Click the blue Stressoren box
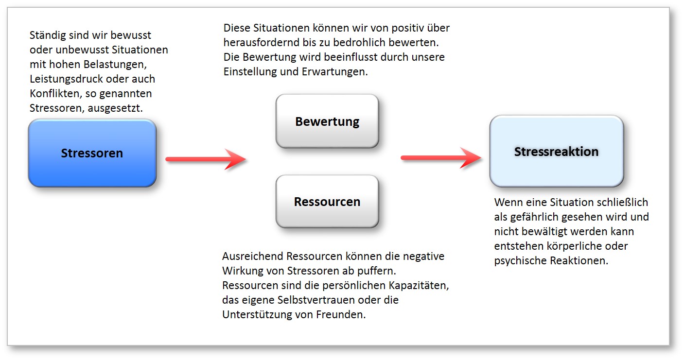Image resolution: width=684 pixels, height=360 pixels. pos(92,153)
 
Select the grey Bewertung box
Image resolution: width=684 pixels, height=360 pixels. pos(327,121)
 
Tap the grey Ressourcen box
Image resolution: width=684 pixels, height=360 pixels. pos(327,201)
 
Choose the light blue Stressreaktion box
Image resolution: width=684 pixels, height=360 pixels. pos(556,151)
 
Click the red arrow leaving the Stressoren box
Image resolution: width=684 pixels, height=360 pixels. pos(206,159)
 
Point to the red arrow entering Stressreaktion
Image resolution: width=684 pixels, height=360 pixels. pos(441,158)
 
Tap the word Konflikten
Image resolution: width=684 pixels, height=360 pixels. pos(55,93)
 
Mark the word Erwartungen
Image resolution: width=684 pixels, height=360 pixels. pos(334,72)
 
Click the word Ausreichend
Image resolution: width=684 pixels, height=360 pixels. pos(252,256)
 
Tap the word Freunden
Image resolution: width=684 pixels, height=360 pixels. pos(341,314)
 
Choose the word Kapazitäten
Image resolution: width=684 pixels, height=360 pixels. pos(419,286)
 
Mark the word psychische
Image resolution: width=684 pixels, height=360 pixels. pos(521,261)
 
